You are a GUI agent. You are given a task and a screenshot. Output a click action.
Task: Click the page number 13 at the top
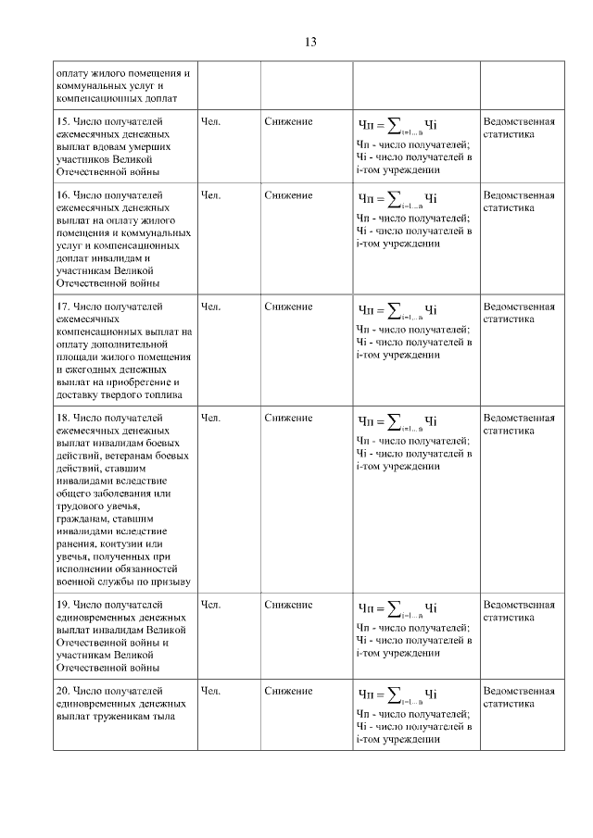[310, 43]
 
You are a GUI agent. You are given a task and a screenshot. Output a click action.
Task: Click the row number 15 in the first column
[63, 122]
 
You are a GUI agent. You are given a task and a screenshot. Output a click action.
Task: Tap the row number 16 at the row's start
[63, 196]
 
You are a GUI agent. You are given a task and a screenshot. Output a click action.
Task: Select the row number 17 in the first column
[63, 306]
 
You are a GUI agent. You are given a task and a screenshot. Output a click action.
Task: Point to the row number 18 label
[63, 418]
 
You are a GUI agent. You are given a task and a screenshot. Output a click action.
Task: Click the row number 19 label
[63, 605]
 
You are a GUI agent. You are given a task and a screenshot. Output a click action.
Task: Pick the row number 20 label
[63, 691]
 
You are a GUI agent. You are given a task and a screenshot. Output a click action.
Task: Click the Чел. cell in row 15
[210, 122]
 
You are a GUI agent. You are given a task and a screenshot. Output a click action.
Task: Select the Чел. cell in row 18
[210, 418]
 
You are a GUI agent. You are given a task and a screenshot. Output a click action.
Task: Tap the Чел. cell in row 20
[210, 691]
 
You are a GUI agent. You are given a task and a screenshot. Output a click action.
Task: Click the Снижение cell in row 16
[288, 196]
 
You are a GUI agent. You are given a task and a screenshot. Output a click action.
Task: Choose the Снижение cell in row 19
[288, 605]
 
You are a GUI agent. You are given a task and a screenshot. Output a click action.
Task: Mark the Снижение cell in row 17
[288, 306]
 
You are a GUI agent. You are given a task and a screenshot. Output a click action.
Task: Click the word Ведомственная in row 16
[519, 196]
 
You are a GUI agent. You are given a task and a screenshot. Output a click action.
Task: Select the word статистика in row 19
[509, 617]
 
